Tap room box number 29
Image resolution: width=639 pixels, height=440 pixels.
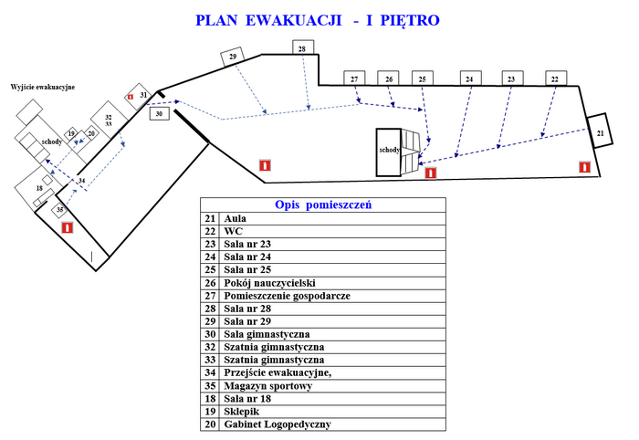[x=234, y=57]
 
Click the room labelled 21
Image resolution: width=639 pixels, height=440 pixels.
[x=600, y=133]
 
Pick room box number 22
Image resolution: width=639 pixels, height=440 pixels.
[x=555, y=80]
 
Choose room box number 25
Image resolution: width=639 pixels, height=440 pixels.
[x=423, y=80]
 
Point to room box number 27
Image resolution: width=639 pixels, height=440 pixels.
[x=354, y=80]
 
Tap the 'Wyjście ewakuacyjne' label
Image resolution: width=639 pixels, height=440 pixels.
[x=42, y=87]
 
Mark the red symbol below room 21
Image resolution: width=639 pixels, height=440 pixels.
[x=585, y=166]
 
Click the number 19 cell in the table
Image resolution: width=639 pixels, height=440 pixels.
[x=210, y=411]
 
